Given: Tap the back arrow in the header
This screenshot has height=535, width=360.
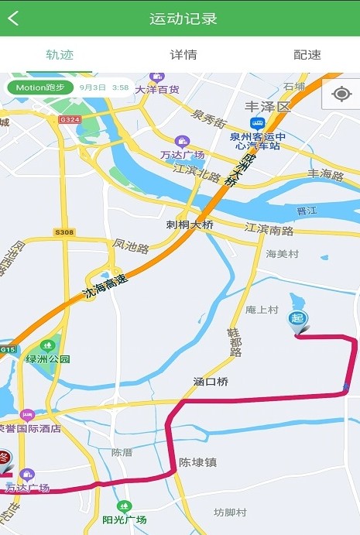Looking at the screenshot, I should (x=13, y=19).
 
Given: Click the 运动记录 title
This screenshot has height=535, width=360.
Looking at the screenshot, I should (x=183, y=19).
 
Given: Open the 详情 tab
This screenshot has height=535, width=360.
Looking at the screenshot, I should (x=183, y=55).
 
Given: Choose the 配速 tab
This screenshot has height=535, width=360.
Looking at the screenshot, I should (x=307, y=55).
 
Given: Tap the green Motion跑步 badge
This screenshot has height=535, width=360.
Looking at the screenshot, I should (x=41, y=87).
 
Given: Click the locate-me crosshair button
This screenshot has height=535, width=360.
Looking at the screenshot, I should (x=341, y=94).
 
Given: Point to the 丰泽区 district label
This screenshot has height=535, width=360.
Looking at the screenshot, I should (x=266, y=106).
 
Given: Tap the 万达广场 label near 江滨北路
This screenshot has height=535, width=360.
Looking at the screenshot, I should (x=183, y=154).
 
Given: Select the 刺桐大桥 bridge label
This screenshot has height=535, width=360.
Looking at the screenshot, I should (x=190, y=225).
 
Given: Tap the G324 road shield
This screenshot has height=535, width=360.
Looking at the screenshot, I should (x=69, y=119).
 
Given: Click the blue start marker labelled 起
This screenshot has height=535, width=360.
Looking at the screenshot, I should (x=297, y=319).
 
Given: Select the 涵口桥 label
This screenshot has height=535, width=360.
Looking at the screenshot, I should (x=211, y=382).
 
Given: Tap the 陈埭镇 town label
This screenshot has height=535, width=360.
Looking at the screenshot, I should (x=197, y=462).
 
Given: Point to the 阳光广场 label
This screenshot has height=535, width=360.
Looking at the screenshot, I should (x=125, y=519).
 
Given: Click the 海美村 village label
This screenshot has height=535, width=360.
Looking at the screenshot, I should (x=282, y=254).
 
